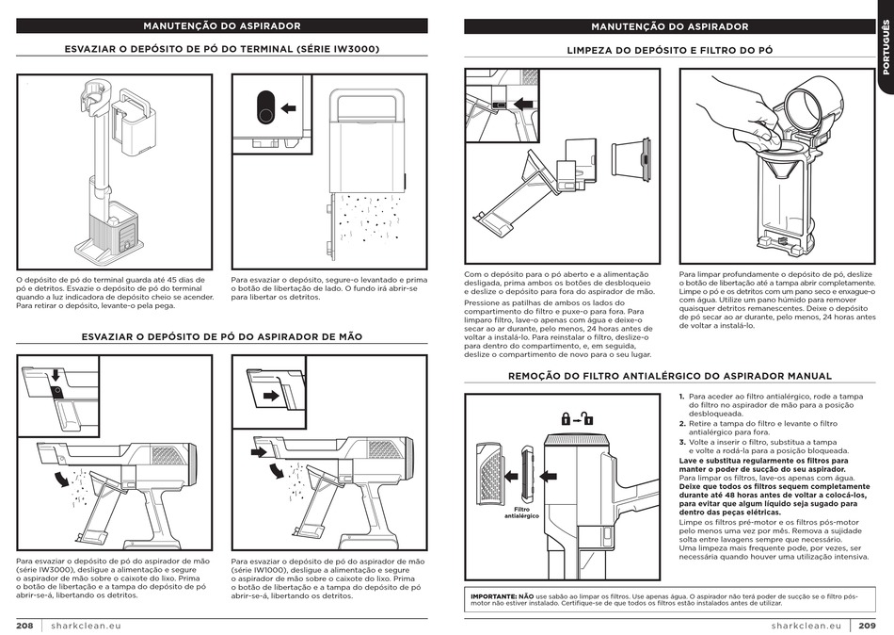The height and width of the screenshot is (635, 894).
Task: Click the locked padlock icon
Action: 566,419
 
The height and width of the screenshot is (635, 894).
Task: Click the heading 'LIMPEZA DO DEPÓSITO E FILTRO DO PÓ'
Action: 669,49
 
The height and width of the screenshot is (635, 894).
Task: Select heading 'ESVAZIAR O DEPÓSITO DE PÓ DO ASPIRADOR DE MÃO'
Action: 222,336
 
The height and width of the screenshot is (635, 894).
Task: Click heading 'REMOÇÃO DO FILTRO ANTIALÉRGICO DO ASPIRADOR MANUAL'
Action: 669,375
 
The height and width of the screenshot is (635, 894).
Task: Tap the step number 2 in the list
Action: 681,424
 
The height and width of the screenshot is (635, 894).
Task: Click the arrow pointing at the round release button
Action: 289,107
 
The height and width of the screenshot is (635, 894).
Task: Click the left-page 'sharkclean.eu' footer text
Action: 87,626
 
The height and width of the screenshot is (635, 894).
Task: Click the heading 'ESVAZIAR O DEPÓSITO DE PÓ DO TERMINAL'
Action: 222,49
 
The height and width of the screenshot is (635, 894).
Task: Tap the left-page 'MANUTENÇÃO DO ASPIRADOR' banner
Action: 222,26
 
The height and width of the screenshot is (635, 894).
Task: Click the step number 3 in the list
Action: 681,442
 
